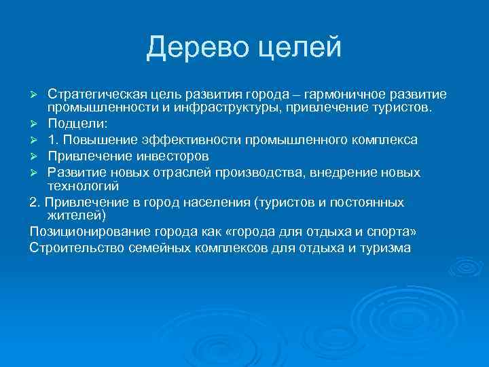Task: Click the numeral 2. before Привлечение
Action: pos(35,202)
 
